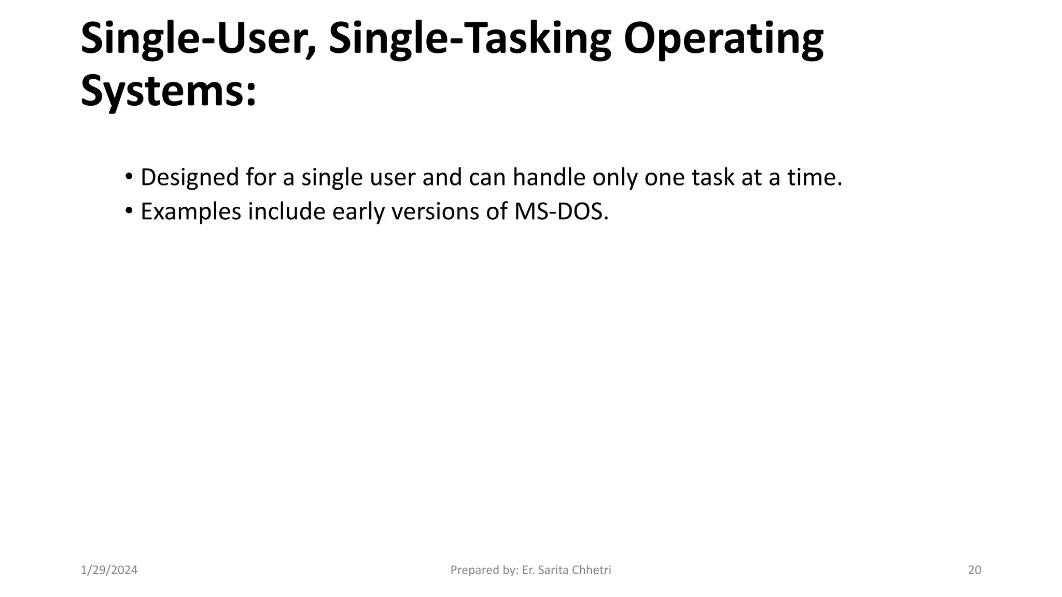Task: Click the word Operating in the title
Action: pyautogui.click(x=723, y=40)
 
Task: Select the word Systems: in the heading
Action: pyautogui.click(x=169, y=91)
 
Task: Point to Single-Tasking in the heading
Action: pyautogui.click(x=470, y=40)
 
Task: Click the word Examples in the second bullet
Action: pyautogui.click(x=191, y=212)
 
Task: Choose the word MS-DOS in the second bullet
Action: pyautogui.click(x=561, y=211)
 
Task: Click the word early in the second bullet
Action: pyautogui.click(x=358, y=212)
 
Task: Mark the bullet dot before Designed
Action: pyautogui.click(x=129, y=176)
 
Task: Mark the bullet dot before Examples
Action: pyautogui.click(x=129, y=210)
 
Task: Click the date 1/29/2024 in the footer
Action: pyautogui.click(x=109, y=570)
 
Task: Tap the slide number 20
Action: pyautogui.click(x=974, y=570)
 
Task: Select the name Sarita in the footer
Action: pyautogui.click(x=553, y=570)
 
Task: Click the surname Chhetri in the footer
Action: pyautogui.click(x=592, y=570)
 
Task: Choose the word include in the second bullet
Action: pyautogui.click(x=286, y=211)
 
